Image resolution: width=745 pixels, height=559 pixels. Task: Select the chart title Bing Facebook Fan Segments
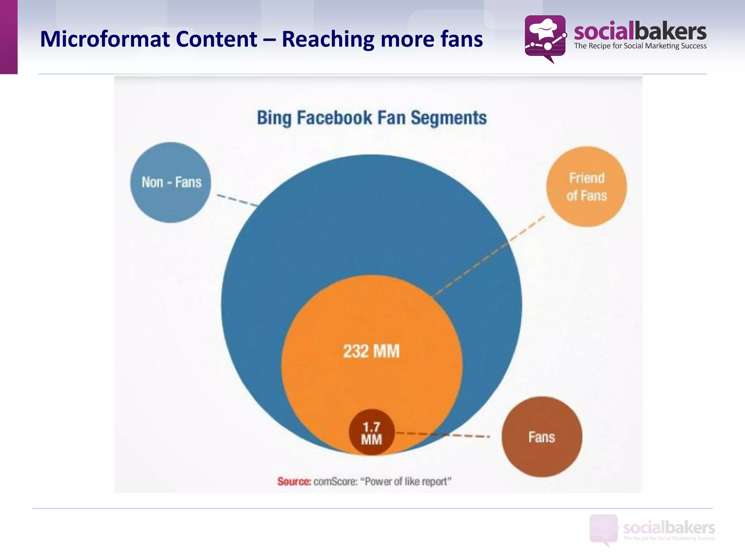pos(371,118)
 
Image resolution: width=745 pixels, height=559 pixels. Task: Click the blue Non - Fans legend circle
pos(171,182)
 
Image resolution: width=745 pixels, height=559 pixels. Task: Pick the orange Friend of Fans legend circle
pos(586,187)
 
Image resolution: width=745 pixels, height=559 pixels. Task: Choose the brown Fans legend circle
pos(542,437)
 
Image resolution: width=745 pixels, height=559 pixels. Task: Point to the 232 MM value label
pos(371,352)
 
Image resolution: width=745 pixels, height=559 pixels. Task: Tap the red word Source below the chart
pos(294,481)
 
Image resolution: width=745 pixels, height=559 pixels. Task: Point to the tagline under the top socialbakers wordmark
pos(640,46)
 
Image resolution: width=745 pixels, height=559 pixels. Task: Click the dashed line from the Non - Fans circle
pos(237,201)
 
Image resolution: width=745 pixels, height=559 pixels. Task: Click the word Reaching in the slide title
pos(328,39)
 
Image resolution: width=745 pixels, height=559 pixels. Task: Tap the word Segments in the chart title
pos(449,118)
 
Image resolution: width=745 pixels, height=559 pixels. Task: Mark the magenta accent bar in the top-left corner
pos(8,36)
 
